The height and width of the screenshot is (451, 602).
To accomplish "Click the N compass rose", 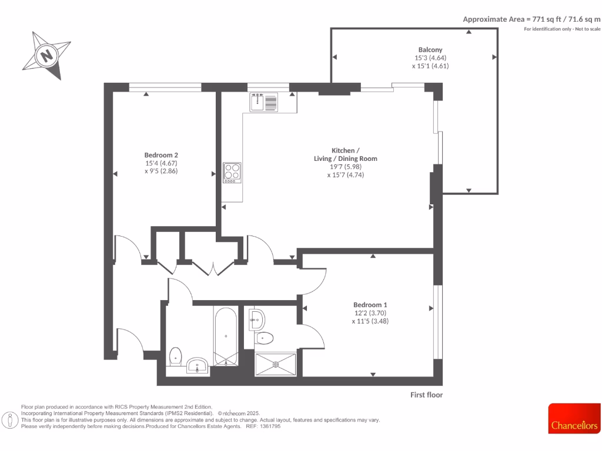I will (46, 55).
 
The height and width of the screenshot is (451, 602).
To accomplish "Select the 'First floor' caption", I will (426, 395).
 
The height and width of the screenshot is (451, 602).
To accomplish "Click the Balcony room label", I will (430, 50).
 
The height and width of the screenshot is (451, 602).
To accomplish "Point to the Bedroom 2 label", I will (161, 155).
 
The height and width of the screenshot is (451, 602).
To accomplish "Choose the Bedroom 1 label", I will (370, 305).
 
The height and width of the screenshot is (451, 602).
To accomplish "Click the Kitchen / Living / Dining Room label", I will (345, 154).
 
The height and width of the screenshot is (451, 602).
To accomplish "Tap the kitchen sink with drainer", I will (263, 103).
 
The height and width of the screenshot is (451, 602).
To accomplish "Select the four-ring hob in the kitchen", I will (232, 173).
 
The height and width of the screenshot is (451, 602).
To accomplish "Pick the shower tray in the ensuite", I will (276, 364).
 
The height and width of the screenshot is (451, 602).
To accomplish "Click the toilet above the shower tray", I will (264, 338).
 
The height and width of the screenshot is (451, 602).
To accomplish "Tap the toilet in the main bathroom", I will (175, 356).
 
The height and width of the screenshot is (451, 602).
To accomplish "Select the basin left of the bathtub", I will (196, 366).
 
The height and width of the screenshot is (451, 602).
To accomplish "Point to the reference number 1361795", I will (269, 426).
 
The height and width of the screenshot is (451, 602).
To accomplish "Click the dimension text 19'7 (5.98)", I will (345, 167).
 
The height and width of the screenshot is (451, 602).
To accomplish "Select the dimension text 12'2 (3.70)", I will (370, 313).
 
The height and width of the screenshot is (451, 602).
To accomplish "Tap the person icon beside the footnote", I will (10, 420).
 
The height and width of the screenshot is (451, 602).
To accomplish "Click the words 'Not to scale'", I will (588, 29).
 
